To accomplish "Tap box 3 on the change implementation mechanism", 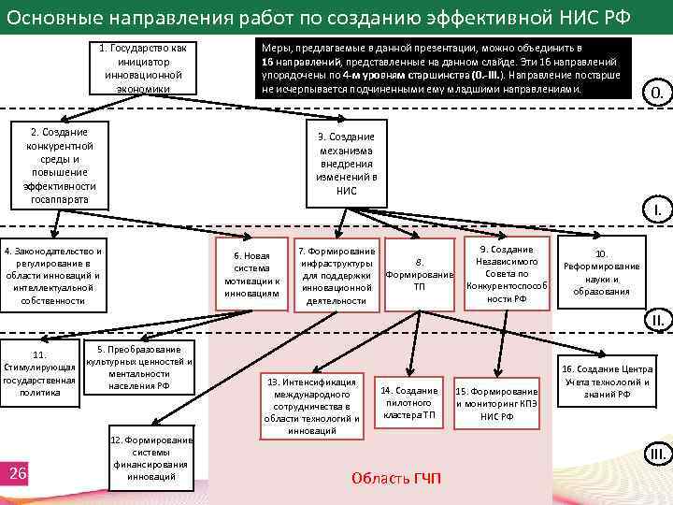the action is [346, 164].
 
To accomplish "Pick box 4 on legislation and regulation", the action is [52, 276].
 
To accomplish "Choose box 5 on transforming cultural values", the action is [138, 368].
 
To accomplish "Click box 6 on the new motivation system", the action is [251, 275].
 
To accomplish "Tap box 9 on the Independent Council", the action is [506, 274].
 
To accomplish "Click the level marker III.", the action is [657, 455].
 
